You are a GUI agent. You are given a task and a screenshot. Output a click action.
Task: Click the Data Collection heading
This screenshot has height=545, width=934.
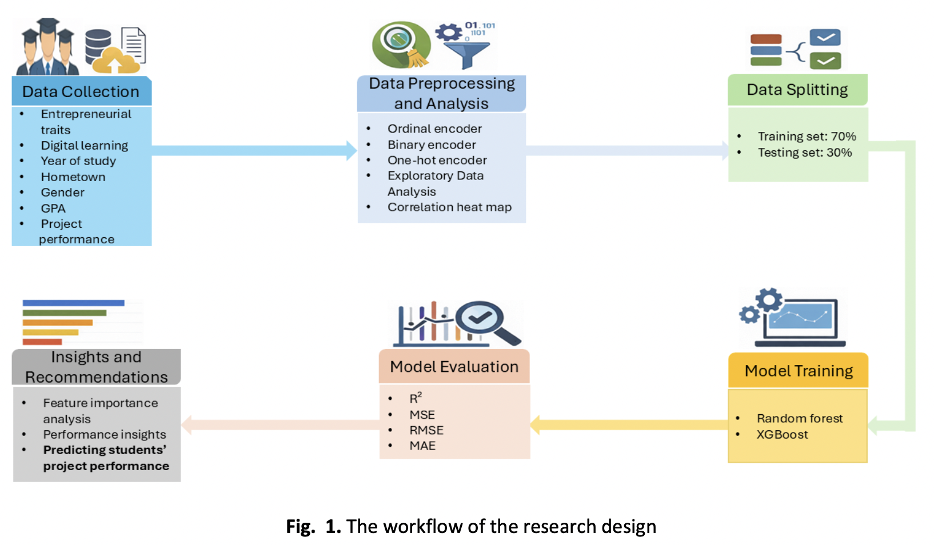click(81, 91)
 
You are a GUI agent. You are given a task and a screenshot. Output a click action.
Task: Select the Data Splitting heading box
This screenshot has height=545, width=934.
click(797, 90)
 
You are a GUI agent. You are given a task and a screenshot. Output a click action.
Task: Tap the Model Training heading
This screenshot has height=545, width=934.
click(799, 371)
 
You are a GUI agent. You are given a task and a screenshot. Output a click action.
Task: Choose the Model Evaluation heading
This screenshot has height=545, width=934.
click(454, 367)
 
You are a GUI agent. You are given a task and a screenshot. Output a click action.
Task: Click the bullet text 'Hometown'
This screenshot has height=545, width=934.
click(73, 177)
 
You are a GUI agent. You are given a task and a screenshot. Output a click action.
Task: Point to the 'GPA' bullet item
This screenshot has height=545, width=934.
click(53, 209)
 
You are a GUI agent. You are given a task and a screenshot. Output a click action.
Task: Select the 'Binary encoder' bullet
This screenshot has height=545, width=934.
click(432, 145)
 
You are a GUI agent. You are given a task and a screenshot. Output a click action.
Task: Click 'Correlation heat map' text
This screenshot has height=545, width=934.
click(449, 207)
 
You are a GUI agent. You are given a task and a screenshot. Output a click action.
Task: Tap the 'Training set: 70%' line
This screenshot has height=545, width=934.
click(807, 137)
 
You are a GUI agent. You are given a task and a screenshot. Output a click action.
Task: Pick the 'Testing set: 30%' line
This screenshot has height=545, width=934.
click(804, 153)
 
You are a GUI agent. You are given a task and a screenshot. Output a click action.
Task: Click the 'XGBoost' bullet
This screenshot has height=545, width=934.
click(782, 435)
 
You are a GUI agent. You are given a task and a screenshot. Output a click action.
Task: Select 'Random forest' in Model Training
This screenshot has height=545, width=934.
click(800, 419)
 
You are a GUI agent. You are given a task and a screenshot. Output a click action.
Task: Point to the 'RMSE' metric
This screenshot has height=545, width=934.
click(426, 430)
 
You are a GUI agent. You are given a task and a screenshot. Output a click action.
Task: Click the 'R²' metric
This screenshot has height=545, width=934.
click(416, 398)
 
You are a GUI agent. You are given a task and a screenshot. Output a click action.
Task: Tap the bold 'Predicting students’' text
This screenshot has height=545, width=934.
click(105, 450)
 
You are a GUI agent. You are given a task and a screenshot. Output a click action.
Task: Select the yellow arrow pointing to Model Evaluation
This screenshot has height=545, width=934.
click(629, 424)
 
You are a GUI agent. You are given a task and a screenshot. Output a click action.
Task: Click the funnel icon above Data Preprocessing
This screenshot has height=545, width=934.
click(466, 54)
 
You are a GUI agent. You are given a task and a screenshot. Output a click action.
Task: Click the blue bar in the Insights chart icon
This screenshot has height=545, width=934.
click(73, 303)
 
